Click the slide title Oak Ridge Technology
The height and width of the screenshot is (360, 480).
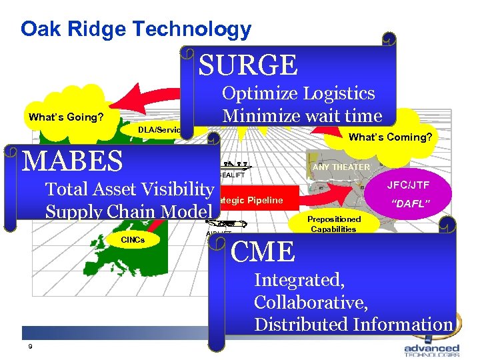pos(136,29)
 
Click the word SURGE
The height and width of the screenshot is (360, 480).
pos(248,65)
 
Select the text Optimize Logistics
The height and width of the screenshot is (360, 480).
pos(298,93)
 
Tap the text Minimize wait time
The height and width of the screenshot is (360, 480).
pos(302,115)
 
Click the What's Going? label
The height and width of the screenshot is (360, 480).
pos(65,117)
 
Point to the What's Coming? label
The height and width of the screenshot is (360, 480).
pos(391,137)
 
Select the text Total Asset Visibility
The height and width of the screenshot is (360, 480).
pos(129,189)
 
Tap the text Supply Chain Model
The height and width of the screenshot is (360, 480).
pos(128,211)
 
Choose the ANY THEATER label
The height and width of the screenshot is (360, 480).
pos(341,167)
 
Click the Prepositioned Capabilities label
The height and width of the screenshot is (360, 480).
pos(333,224)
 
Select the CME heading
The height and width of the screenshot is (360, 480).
pos(263,252)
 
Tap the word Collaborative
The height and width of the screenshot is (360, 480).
pos(311,302)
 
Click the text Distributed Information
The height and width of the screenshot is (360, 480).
pos(353,324)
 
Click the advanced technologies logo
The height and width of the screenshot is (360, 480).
pos(431,350)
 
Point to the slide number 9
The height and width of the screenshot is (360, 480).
pos(30,346)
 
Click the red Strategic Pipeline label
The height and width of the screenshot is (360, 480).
pos(250,200)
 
